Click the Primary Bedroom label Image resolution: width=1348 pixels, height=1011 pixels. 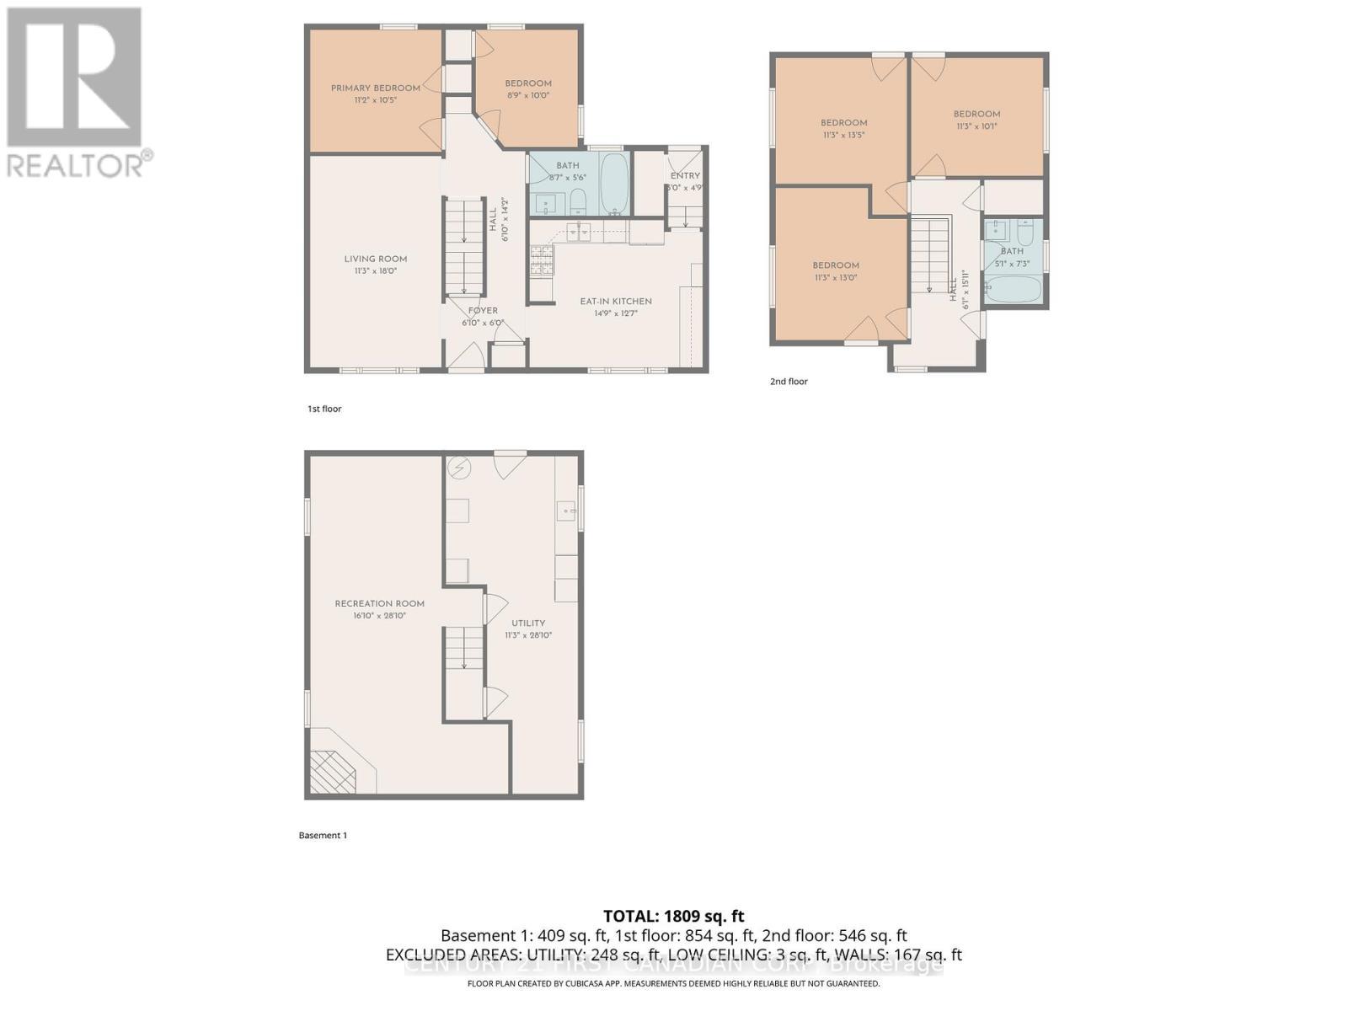coord(375,88)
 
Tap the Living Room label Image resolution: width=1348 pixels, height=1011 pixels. coord(375,259)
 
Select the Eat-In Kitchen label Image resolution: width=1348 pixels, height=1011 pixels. coord(615,302)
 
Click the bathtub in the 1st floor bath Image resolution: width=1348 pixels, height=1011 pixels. coord(614,183)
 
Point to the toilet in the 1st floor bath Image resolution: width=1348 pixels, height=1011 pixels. coord(578,201)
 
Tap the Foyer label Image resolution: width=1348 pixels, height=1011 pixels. coord(483,311)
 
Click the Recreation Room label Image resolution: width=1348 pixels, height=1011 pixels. coord(379,604)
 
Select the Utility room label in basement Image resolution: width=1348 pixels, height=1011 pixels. coord(528,623)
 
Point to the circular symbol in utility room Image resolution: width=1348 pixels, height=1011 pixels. coord(460,468)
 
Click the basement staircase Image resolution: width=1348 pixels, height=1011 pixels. coord(463,649)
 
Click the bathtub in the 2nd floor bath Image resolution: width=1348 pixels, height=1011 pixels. coord(1013,290)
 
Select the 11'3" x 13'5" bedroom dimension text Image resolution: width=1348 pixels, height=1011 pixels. coord(843,135)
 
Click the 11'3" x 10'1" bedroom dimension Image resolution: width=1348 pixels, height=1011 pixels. coord(976,126)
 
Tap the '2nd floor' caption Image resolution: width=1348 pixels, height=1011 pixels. coord(789,382)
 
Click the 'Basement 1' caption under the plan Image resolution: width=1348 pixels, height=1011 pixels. coord(323,836)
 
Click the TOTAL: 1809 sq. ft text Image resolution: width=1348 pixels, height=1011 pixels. coord(673,916)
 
